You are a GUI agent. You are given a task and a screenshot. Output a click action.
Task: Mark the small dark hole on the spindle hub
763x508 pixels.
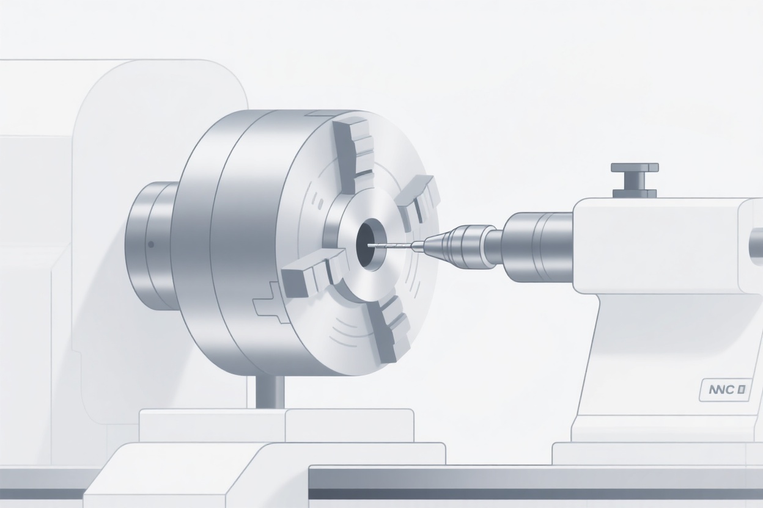[150, 245]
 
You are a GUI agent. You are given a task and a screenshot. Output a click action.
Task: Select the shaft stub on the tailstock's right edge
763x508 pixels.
[756, 247]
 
